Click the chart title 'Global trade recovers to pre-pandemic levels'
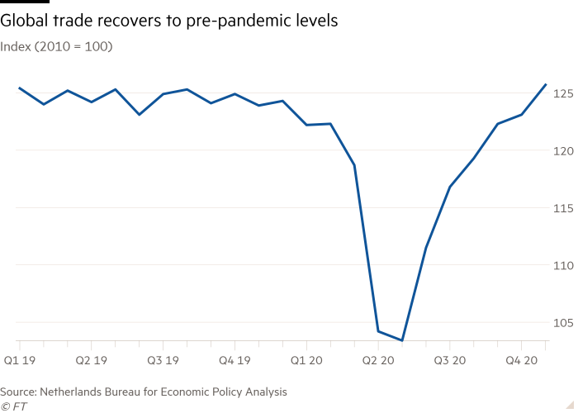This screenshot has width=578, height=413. (x=169, y=21)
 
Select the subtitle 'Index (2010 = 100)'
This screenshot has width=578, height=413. (x=57, y=46)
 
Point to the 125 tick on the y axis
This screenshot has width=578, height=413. (x=563, y=94)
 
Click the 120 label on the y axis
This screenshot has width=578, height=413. (x=563, y=151)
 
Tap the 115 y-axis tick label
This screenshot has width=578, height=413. (x=563, y=208)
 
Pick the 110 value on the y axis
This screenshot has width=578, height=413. (x=563, y=265)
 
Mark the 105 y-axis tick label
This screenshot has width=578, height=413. (x=563, y=323)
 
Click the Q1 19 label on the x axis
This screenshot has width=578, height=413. (x=20, y=361)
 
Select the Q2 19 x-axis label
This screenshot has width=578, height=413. (x=91, y=361)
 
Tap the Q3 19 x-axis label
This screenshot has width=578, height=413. (x=163, y=361)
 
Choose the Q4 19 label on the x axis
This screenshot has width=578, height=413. (x=235, y=361)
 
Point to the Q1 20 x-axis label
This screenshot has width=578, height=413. (x=306, y=361)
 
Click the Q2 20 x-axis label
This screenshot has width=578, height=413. (x=378, y=361)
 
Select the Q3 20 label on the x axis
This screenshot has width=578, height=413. (x=450, y=361)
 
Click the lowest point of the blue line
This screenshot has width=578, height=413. (x=402, y=340)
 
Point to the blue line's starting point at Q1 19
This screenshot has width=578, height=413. (x=19, y=88)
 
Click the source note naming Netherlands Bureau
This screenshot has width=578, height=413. (x=144, y=392)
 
